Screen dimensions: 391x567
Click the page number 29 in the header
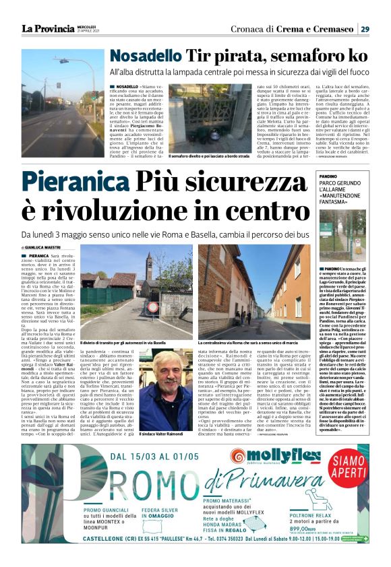pyautogui.click(x=364, y=29)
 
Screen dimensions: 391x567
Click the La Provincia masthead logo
pyautogui.click(x=47, y=29)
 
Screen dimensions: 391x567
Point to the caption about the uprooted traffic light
pyautogui.click(x=206, y=156)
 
